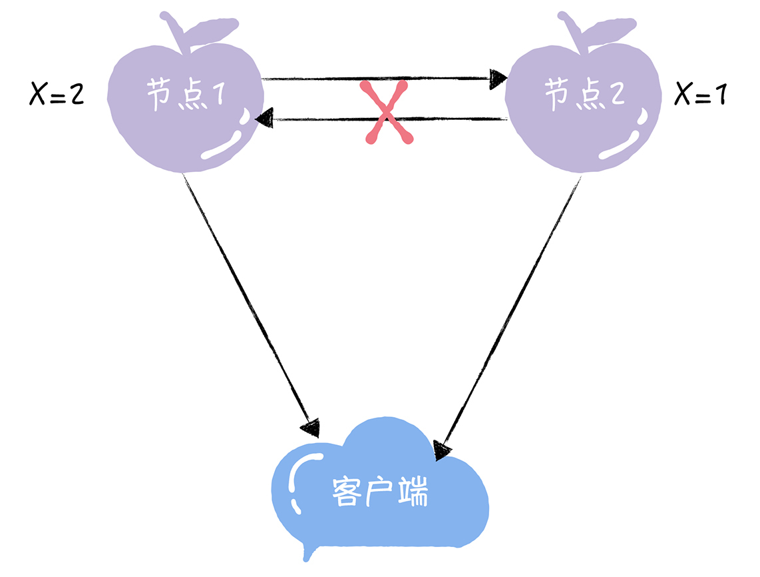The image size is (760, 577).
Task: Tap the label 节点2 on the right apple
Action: pyautogui.click(x=584, y=95)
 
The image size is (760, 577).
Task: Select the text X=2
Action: pyautogui.click(x=57, y=95)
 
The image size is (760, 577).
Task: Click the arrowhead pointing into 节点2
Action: pyautogui.click(x=497, y=79)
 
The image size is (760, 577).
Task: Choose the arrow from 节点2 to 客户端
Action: pyautogui.click(x=509, y=313)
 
